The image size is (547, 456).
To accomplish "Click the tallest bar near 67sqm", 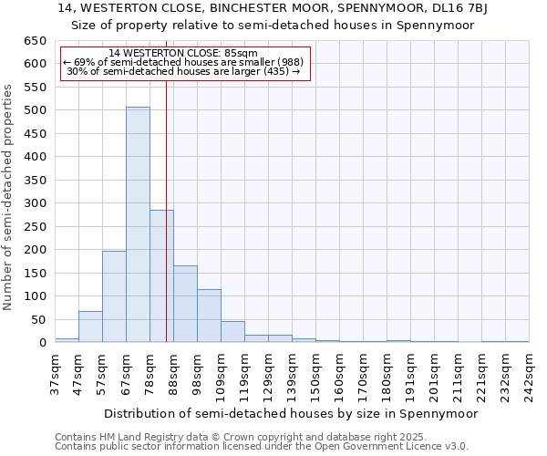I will point(138,224).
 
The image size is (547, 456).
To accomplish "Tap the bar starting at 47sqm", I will point(90,326).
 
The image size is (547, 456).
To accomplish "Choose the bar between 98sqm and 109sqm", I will point(209,316).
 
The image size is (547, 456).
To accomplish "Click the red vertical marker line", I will point(166,210).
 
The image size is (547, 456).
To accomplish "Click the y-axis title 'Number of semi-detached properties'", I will point(8,197).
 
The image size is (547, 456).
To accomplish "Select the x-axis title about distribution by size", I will point(291,413).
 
